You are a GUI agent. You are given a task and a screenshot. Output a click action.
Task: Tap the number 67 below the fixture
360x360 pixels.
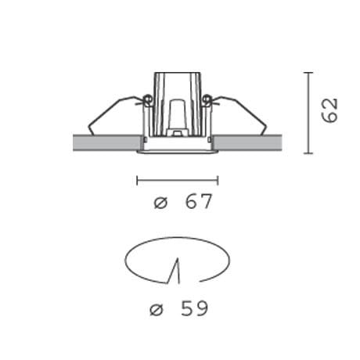tap(199, 202)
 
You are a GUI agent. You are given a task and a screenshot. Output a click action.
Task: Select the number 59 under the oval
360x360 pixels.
tap(194, 308)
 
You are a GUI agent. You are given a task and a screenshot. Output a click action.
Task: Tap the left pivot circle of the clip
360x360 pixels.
tap(147, 99)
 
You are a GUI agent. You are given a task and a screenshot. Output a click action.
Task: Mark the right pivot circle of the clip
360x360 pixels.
tap(207, 99)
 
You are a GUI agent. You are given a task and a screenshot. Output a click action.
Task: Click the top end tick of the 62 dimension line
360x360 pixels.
tap(308, 73)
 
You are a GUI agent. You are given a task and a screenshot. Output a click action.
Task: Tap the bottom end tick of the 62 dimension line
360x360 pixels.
tap(308, 153)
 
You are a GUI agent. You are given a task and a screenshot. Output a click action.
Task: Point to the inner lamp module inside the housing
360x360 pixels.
tap(177, 113)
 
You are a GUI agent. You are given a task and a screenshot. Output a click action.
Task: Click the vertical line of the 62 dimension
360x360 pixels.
tap(308, 113)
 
